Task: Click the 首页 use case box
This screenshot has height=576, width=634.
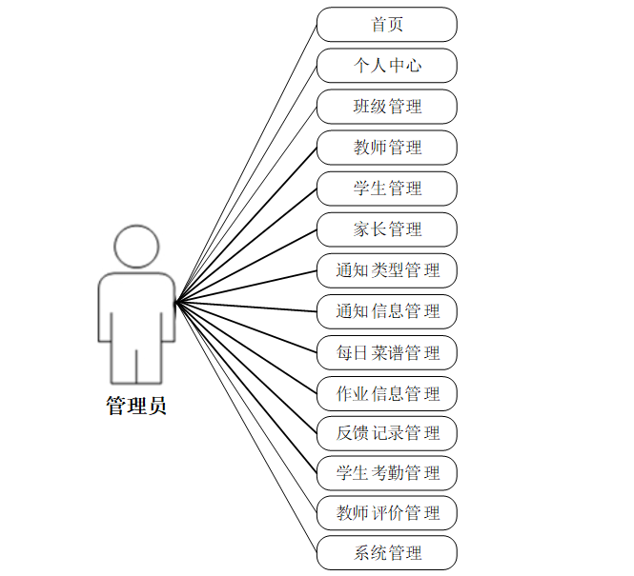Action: pos(386,25)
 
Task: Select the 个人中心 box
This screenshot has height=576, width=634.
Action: pos(386,66)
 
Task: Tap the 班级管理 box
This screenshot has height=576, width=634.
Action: pos(386,107)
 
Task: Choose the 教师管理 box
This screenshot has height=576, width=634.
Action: pos(386,148)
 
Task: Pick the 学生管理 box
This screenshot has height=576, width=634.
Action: pos(386,189)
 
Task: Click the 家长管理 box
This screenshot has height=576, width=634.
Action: pos(386,229)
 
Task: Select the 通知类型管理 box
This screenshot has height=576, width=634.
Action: pos(386,270)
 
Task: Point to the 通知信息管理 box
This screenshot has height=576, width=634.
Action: pos(386,311)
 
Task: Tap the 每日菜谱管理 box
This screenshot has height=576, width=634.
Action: pos(386,353)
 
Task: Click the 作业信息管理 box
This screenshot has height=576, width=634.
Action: pos(386,393)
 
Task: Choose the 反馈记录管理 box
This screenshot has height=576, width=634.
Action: pos(386,433)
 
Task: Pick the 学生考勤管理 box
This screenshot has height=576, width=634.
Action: pos(386,473)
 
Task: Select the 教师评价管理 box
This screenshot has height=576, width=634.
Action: pos(386,513)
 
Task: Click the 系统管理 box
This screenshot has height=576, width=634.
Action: pos(386,553)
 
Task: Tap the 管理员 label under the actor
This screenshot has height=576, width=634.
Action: pos(136,407)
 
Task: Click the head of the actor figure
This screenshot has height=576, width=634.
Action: pos(136,246)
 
